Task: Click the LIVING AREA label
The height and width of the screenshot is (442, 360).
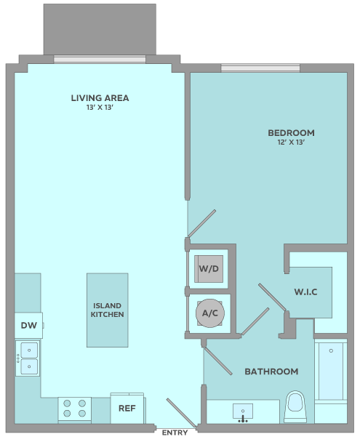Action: point(100,98)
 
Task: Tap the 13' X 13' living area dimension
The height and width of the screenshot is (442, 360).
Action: point(100,108)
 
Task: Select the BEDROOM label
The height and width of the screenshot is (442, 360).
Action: point(291,133)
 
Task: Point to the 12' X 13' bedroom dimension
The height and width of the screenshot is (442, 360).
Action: point(291,142)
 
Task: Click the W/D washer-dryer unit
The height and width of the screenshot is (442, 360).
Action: point(209,269)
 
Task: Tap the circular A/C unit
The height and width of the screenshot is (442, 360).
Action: point(210,313)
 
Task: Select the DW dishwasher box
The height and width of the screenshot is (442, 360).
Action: point(29,325)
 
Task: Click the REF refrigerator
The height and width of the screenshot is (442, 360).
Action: point(127,408)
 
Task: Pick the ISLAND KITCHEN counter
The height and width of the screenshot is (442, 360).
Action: point(108,310)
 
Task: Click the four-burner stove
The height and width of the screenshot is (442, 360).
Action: point(75,409)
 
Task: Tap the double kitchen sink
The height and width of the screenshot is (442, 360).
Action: point(28,358)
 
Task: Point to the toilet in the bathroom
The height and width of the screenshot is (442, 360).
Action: point(295,406)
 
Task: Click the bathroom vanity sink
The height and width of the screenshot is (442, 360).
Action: point(243,412)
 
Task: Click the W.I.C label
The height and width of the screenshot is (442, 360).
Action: point(306,292)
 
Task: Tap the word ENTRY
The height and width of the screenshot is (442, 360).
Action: point(175,433)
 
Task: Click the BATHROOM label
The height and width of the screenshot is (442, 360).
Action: point(271,371)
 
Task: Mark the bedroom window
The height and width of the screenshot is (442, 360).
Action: point(260,68)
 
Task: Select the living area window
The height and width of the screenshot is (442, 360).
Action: point(100,59)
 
